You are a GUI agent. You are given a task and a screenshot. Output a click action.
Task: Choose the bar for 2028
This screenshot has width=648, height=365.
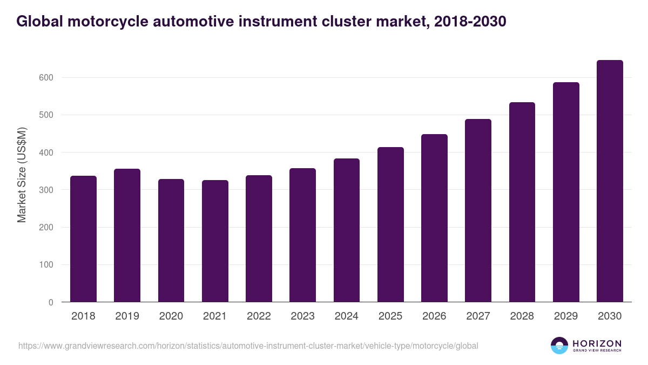(x=522, y=202)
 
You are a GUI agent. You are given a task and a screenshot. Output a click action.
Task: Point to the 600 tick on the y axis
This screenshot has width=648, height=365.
(x=46, y=78)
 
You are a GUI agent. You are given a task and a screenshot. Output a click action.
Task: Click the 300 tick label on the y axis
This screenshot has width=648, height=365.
(x=46, y=190)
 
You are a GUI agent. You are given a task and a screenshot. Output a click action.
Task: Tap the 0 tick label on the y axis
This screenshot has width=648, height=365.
(x=50, y=303)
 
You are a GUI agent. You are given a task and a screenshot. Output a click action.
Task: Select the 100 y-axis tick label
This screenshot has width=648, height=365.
(x=46, y=265)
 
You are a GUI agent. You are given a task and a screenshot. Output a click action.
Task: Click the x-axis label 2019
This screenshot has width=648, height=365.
(x=127, y=316)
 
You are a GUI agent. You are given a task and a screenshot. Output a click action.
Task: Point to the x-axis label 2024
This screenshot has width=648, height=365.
(x=346, y=316)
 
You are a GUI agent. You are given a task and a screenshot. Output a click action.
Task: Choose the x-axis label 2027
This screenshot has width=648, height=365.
(x=478, y=316)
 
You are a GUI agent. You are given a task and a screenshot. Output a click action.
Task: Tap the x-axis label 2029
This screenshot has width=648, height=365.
(x=566, y=316)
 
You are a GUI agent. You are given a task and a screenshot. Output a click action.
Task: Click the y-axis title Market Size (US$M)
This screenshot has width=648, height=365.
(x=22, y=175)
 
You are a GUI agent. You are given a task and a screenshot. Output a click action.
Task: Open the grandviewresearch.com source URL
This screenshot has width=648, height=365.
(x=248, y=346)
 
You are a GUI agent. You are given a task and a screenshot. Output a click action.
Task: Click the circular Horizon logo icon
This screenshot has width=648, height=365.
(x=559, y=346)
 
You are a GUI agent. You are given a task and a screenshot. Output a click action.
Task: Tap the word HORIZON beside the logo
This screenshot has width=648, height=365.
(x=597, y=343)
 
